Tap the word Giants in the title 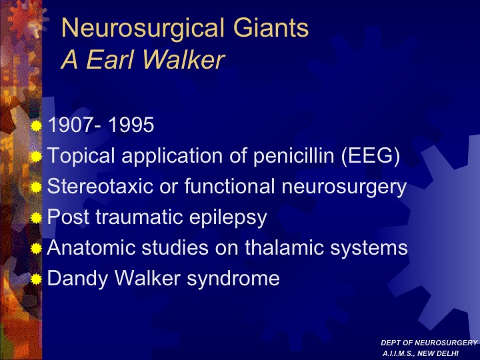271,27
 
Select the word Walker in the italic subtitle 184,59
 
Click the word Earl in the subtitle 111,59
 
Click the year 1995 131,125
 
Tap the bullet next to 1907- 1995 36,126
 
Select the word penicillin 294,156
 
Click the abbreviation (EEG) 371,156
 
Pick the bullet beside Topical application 36,157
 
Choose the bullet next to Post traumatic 36,217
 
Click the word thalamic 284,247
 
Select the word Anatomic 91,247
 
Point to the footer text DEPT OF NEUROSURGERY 429,343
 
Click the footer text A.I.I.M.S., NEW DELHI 421,353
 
